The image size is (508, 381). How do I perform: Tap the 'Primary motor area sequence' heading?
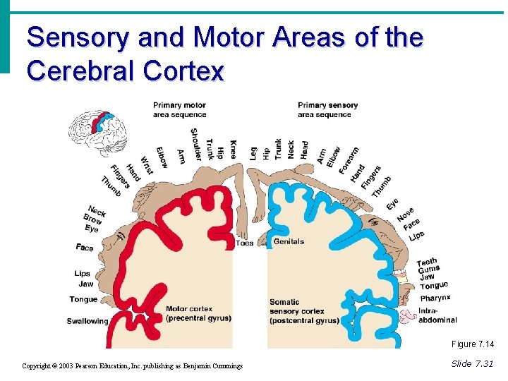click(x=179, y=110)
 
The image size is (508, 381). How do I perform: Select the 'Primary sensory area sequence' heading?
click(x=327, y=110)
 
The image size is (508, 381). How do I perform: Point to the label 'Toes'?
click(x=244, y=243)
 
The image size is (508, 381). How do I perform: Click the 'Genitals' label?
click(x=289, y=241)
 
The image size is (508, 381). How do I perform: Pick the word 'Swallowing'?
click(x=87, y=321)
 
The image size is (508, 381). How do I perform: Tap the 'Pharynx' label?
click(x=435, y=298)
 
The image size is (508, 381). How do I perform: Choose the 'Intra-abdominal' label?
click(x=437, y=315)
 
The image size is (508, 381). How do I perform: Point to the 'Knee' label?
click(x=234, y=148)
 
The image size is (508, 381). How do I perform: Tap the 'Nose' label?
click(x=405, y=213)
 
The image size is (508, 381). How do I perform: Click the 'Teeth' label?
click(x=426, y=262)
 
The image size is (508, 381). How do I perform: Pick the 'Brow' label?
click(x=92, y=219)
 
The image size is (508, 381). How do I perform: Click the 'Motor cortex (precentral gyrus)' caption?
click(x=198, y=313)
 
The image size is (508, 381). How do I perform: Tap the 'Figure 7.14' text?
click(x=473, y=344)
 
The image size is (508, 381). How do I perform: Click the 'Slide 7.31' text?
click(x=472, y=363)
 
